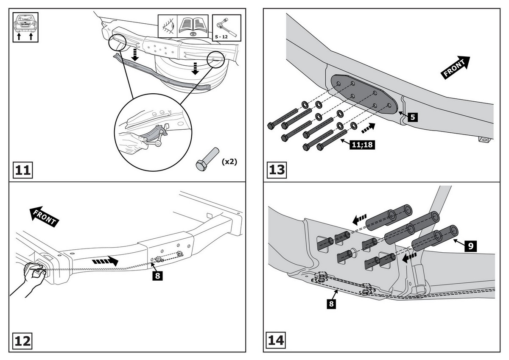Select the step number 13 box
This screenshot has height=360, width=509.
(277, 170)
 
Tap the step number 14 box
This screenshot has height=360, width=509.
(277, 340)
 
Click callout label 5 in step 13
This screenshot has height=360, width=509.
(411, 117)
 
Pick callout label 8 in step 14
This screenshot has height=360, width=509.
(332, 304)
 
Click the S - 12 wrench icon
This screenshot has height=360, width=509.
(226, 26)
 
